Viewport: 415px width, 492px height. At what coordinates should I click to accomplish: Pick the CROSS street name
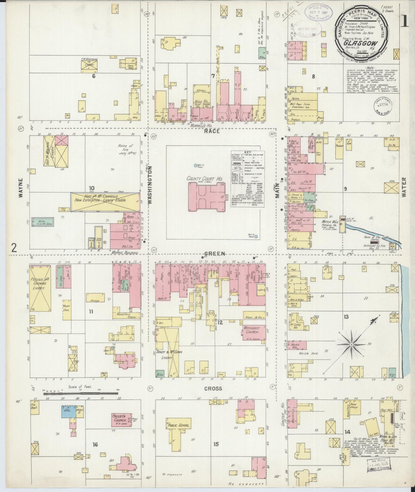coord(213,388)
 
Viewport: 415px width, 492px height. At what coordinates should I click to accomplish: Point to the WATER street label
coord(404,187)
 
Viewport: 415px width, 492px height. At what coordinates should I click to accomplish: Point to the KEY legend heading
coord(247,152)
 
